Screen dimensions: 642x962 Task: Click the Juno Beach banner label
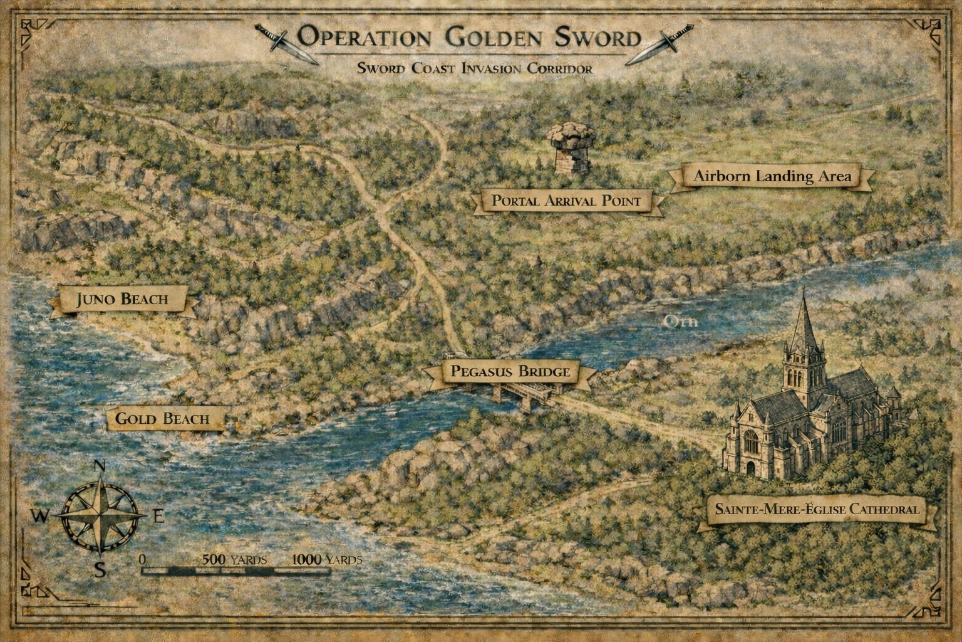coord(123,299)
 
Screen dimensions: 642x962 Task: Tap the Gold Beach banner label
coord(162,418)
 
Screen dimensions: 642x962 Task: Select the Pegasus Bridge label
coord(510,372)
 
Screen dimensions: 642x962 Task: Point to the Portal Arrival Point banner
coord(566,201)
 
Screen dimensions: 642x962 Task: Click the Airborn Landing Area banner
coord(772,176)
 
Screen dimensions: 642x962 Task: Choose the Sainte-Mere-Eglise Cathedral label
coord(817,509)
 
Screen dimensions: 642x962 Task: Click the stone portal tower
coord(571,148)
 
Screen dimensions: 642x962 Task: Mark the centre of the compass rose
coord(99,516)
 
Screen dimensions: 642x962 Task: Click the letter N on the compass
coord(98,466)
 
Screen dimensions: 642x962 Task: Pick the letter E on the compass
coord(158,517)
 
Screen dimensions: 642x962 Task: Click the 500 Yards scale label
coord(234,559)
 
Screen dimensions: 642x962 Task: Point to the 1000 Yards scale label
coord(326,559)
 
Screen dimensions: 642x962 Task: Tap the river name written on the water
coord(680,322)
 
